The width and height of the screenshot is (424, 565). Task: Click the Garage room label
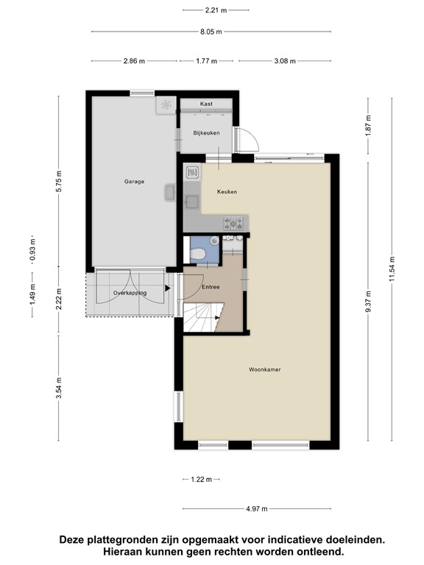pos(134,182)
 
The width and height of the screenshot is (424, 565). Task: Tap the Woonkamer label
pos(265,369)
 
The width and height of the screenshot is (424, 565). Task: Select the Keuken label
pos(227,192)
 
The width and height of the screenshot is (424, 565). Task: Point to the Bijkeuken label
pos(206,133)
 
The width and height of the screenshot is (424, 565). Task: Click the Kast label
pos(206,104)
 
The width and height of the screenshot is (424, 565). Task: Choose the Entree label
pos(211,287)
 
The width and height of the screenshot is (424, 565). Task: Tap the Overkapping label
pos(130,293)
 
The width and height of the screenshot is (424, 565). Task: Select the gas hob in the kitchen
pos(233,224)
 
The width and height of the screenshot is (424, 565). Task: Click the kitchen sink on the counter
pos(191,202)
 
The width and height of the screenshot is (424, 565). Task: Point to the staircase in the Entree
pos(203,317)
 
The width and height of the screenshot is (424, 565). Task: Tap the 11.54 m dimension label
pos(392,269)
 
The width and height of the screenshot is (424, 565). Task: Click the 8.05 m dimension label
pos(211,32)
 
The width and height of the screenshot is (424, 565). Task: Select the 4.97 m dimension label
pos(257,509)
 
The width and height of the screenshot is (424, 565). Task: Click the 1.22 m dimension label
pos(202,479)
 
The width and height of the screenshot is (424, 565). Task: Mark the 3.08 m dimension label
pos(285,61)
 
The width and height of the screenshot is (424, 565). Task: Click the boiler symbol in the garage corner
pos(166,105)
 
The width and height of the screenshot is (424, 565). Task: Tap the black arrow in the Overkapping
pos(167,288)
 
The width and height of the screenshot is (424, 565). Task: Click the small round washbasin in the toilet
pos(214,241)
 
